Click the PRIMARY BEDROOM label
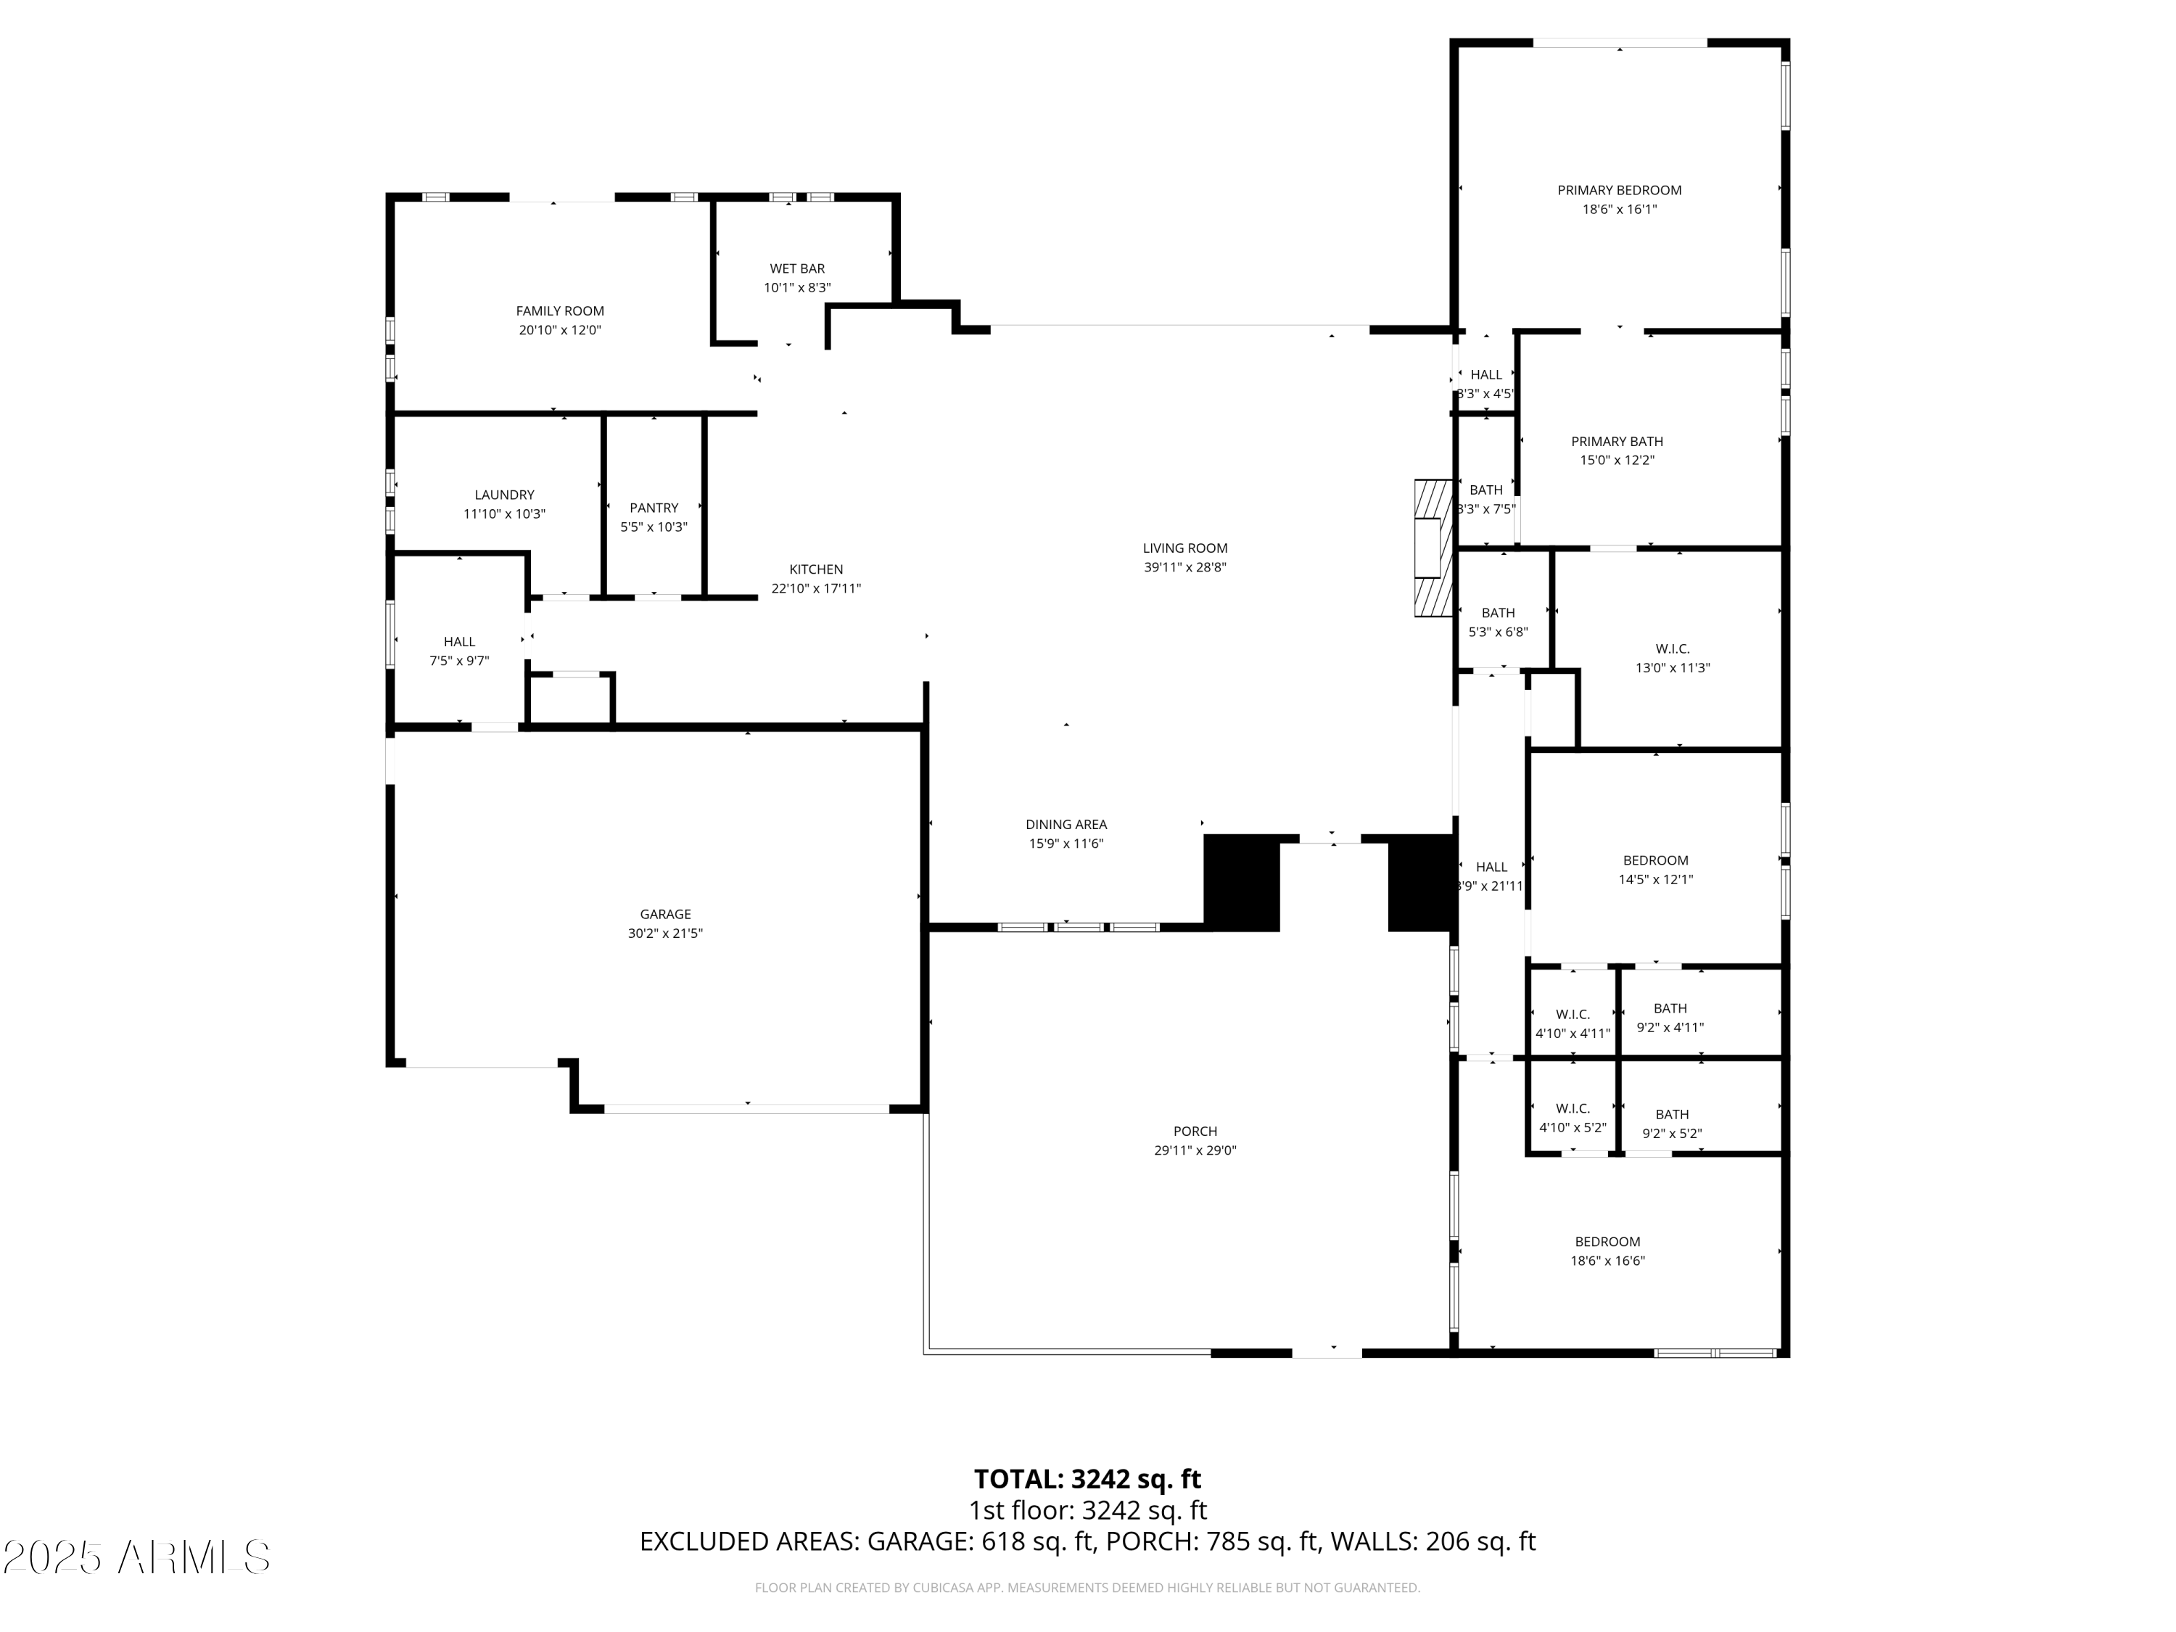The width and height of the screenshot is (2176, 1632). (1619, 190)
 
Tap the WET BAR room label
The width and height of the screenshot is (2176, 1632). (797, 268)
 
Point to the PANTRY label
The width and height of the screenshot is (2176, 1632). (654, 508)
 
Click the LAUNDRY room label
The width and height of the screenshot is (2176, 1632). (505, 495)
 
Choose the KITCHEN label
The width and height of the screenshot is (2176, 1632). (815, 569)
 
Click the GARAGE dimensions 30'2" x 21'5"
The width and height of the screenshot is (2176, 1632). (665, 934)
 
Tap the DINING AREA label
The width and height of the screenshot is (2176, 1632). (1066, 825)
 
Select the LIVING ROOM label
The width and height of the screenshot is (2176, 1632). (1184, 548)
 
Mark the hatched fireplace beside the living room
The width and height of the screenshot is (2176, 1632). (1433, 548)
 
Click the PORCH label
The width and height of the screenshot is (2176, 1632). (1195, 1132)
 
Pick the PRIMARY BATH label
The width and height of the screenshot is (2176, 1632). (1617, 442)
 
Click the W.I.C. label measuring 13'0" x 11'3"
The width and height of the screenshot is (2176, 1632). (1673, 649)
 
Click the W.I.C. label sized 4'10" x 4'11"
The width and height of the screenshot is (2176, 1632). (1573, 1014)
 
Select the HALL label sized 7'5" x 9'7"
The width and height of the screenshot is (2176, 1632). (458, 641)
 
